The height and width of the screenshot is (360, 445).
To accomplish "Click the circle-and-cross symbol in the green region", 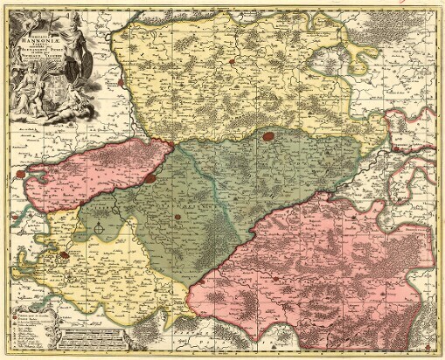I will tap(100, 229).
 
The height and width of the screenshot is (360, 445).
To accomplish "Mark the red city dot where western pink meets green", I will tap(150, 177).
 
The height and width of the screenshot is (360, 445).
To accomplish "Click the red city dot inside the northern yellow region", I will tap(229, 62).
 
